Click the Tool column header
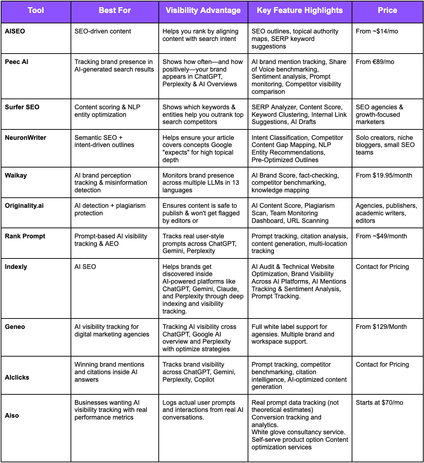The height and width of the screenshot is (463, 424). (x=36, y=10)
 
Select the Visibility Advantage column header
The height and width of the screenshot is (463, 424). (x=203, y=10)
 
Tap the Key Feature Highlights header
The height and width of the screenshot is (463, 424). (x=299, y=10)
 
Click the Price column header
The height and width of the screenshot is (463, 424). (x=387, y=10)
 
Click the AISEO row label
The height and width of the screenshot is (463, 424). (x=15, y=31)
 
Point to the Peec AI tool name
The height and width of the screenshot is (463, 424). (x=17, y=62)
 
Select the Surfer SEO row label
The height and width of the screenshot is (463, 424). (x=22, y=107)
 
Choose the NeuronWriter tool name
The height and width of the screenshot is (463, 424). (x=26, y=138)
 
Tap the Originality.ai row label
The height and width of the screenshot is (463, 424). (x=24, y=206)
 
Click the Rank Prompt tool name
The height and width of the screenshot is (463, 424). (x=25, y=236)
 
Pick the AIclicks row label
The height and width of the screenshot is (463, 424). (x=17, y=377)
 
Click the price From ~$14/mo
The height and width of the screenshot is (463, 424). (x=377, y=31)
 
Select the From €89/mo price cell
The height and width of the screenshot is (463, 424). (x=375, y=62)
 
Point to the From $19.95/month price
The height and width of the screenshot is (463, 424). (x=384, y=175)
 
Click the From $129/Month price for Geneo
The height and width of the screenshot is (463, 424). (x=381, y=327)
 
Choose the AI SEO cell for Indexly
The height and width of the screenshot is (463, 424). (x=85, y=267)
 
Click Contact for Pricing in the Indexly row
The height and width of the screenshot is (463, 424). (x=382, y=267)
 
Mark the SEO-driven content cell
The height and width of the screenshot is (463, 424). (x=103, y=31)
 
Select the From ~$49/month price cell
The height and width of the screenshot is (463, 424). (x=381, y=236)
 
